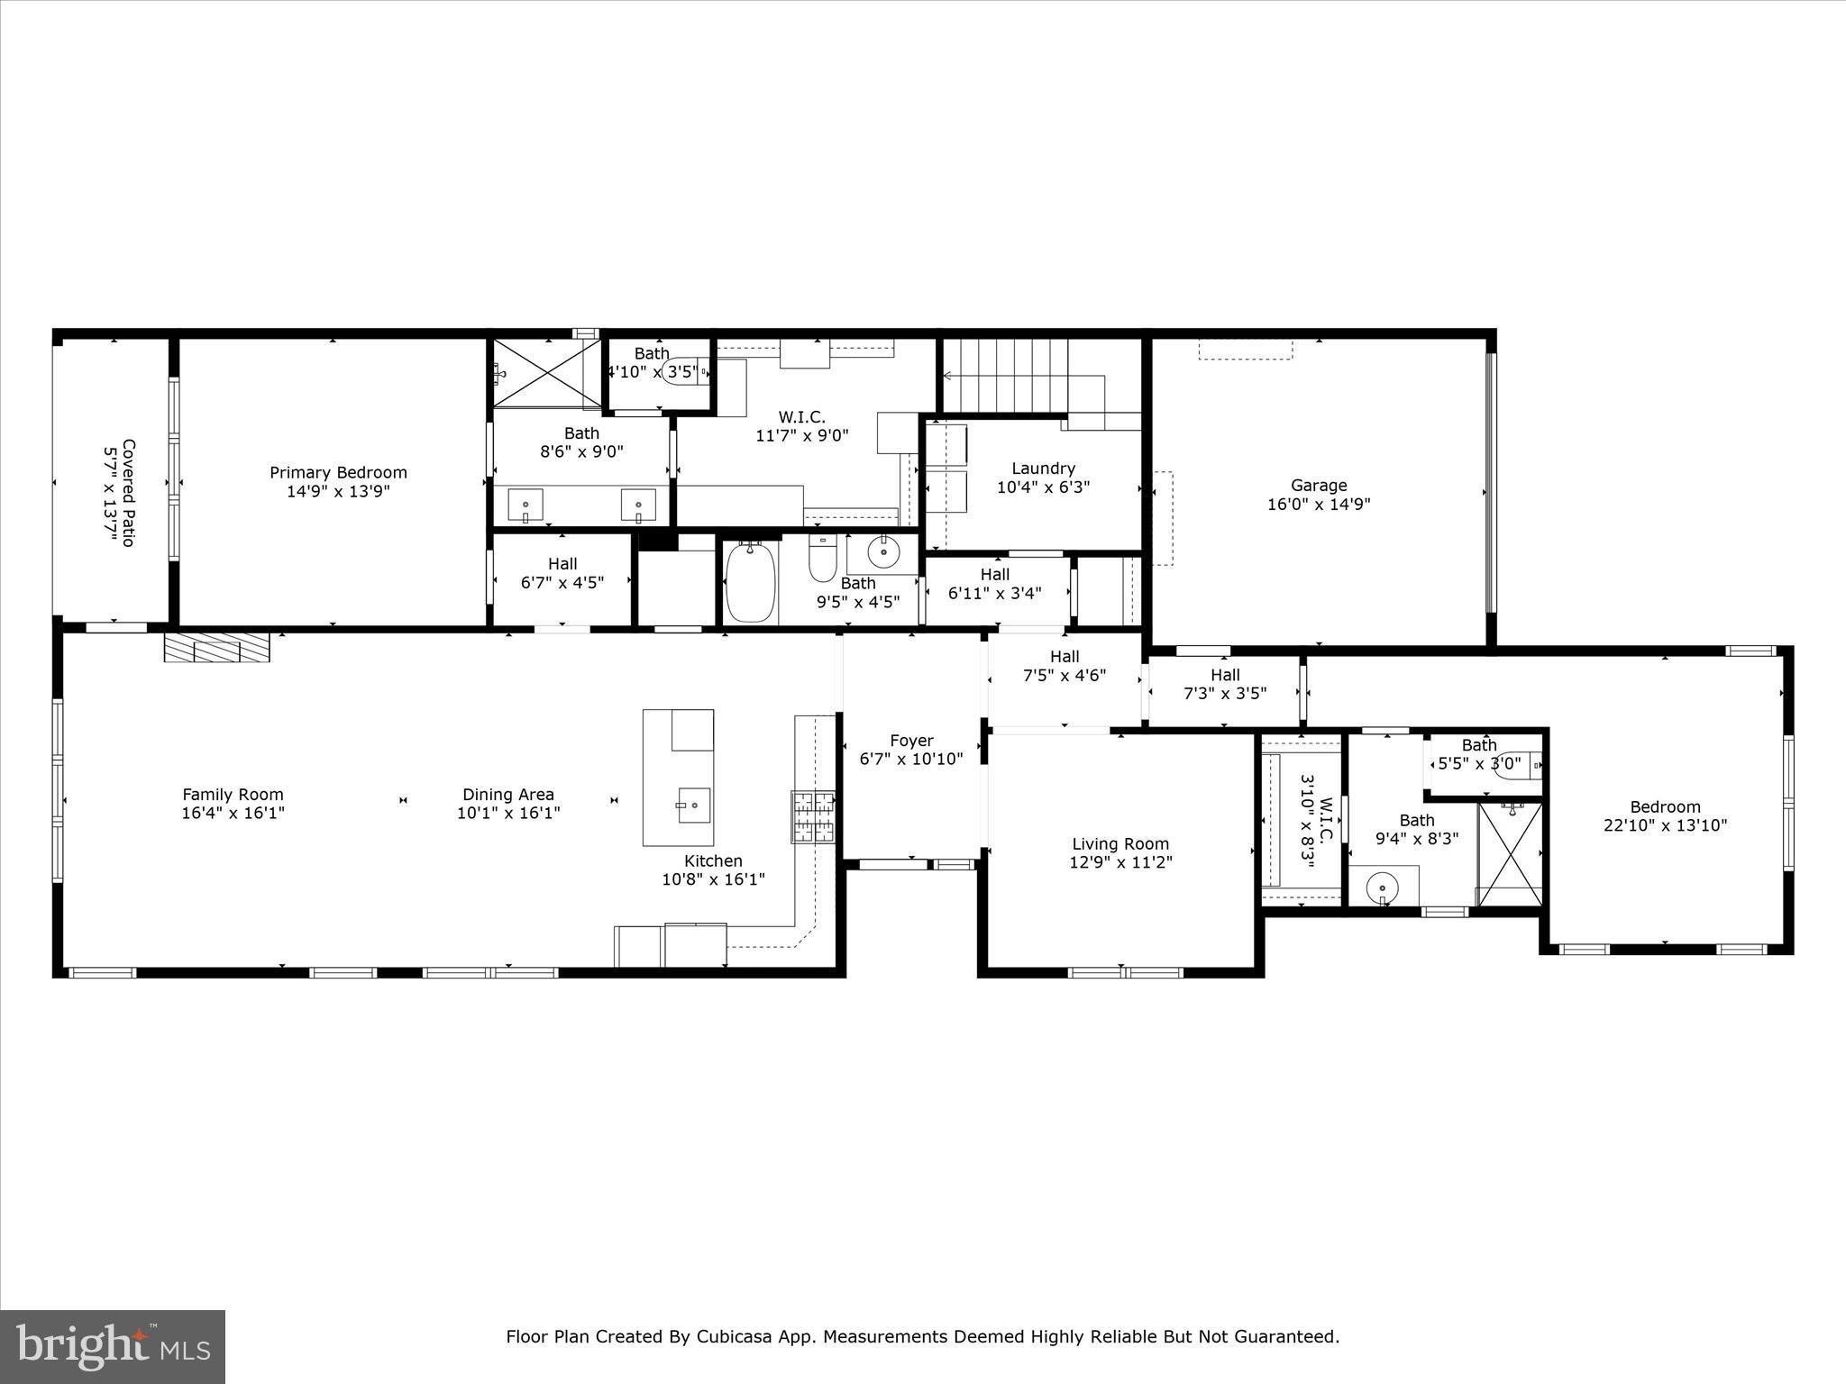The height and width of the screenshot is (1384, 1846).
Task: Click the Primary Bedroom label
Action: (338, 472)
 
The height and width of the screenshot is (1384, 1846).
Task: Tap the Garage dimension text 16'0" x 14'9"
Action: (1319, 505)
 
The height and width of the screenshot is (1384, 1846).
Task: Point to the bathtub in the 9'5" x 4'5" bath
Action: (751, 581)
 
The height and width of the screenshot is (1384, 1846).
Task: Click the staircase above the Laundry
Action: (1023, 375)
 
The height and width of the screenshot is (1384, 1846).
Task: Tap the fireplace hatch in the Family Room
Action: (217, 647)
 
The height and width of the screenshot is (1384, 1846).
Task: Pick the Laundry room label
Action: (1043, 469)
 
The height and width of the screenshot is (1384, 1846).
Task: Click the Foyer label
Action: (911, 741)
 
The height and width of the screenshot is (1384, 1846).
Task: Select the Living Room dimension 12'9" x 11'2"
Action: (1120, 862)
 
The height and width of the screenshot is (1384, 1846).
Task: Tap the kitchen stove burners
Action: (813, 816)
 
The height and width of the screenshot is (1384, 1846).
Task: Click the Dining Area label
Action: (508, 795)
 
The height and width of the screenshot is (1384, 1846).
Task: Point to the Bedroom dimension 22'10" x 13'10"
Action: (1665, 824)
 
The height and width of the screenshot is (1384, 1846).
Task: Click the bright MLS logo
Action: (113, 1345)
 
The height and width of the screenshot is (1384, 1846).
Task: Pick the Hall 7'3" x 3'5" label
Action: (1225, 684)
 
